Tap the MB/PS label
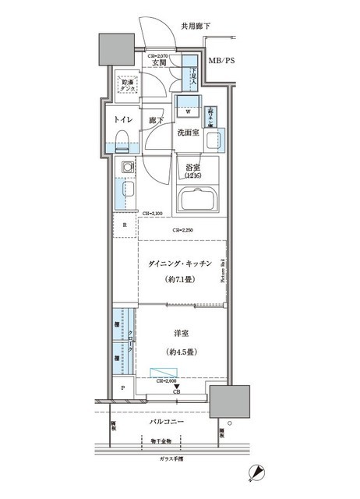(223, 60)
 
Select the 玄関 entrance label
(157, 63)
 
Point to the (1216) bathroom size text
(194, 176)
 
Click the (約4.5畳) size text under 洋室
(182, 349)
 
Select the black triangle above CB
(177, 386)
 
